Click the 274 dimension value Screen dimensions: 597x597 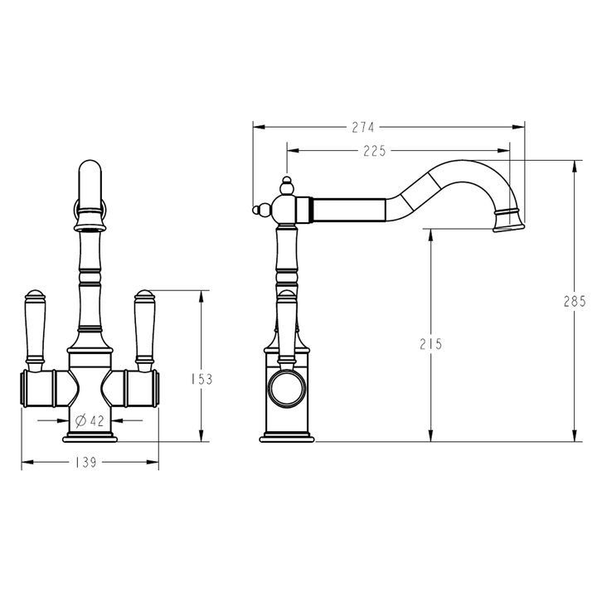363,127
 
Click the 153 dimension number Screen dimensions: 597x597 201,379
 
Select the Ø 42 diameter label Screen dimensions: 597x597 90,421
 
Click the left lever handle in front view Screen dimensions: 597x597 35,328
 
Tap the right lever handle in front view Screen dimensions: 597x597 145,328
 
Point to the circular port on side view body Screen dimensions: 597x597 286,388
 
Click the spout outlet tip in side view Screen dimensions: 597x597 507,222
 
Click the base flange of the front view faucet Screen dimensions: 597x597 90,437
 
